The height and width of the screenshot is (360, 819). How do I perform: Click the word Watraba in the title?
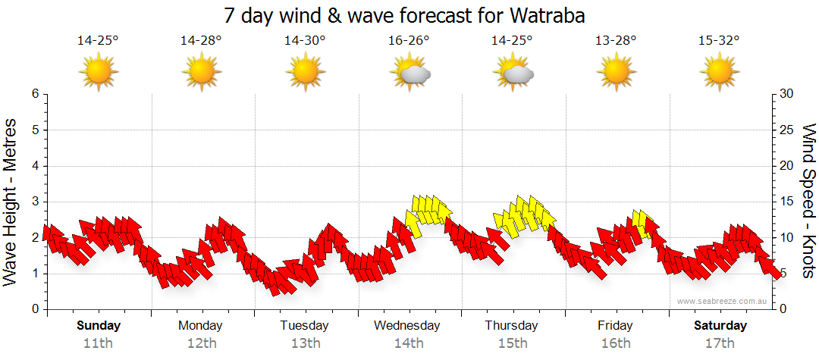tap(550, 15)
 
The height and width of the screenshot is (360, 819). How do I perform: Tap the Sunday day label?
tap(99, 326)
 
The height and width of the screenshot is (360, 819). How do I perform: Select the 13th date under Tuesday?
tap(305, 343)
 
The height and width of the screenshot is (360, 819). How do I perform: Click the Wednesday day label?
tap(407, 326)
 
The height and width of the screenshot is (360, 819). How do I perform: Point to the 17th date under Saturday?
tap(720, 343)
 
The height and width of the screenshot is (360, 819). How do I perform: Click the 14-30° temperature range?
tap(305, 41)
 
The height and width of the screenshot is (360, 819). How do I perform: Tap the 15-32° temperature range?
tap(720, 41)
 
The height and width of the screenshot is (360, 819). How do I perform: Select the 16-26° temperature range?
tap(409, 41)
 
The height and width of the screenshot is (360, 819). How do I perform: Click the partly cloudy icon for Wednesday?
tap(409, 72)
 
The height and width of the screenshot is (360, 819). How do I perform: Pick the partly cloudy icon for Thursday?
tap(513, 72)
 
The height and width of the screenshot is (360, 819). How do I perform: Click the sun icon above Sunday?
tap(99, 72)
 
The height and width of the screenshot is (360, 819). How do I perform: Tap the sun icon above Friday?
tap(616, 72)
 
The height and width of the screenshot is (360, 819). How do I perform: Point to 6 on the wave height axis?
tap(35, 94)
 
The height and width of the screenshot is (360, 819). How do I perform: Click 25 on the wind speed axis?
tap(786, 130)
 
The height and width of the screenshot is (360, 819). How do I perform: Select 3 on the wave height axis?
tap(35, 202)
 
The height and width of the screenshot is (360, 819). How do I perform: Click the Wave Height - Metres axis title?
tap(11, 201)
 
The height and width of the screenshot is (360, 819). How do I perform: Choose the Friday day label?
tap(616, 326)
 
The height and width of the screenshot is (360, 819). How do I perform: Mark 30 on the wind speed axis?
tap(786, 94)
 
